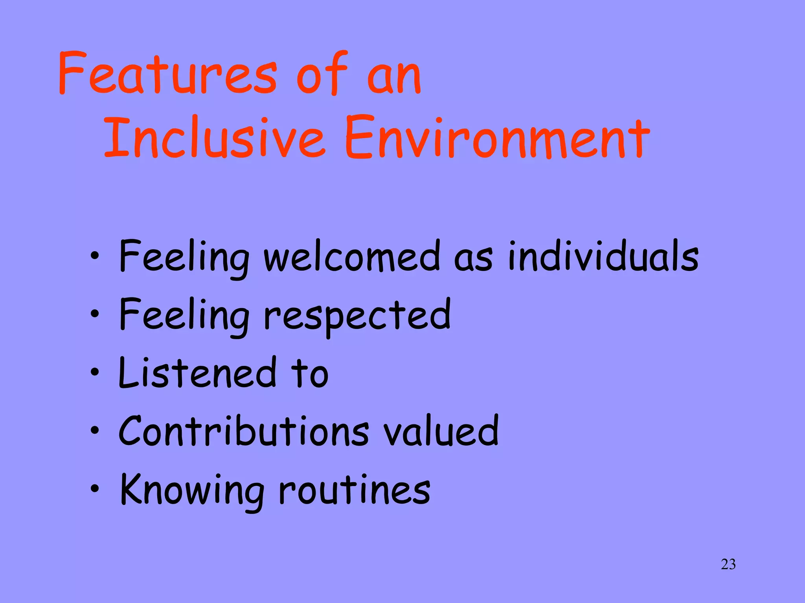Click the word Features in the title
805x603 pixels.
(x=167, y=73)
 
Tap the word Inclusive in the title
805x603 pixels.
(x=214, y=138)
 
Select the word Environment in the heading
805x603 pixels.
(x=497, y=138)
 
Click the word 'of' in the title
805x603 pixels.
(x=322, y=73)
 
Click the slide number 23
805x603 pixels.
(x=728, y=564)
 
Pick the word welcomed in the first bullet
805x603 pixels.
(x=351, y=256)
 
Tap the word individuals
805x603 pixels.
(x=603, y=256)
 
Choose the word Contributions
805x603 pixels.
(x=244, y=431)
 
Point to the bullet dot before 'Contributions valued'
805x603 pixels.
(x=94, y=430)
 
